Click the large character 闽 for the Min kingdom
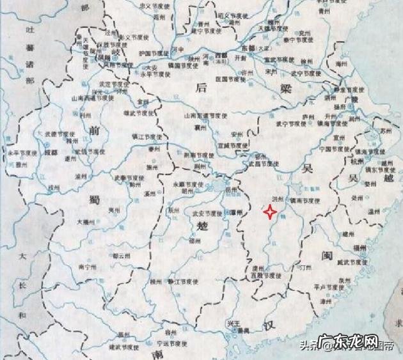(x=326, y=256)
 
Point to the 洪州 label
(x=277, y=200)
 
